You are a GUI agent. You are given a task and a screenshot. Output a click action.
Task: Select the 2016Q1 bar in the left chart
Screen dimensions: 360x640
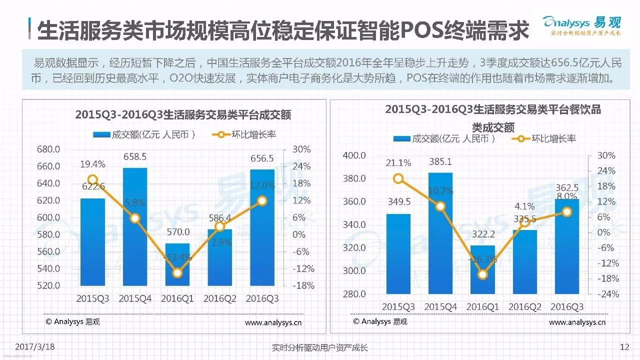click(177, 264)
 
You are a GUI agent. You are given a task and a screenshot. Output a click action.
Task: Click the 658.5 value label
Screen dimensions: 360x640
click(135, 157)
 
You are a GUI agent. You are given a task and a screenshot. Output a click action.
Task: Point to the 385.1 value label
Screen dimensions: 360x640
click(440, 162)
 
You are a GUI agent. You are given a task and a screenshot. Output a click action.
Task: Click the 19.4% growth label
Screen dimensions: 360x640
click(92, 164)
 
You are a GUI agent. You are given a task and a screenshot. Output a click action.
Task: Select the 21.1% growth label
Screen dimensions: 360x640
click(398, 163)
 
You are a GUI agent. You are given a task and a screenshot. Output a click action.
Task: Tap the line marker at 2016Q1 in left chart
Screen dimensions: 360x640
click(177, 273)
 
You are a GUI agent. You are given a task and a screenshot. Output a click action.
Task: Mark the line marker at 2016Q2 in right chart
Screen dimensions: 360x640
click(524, 222)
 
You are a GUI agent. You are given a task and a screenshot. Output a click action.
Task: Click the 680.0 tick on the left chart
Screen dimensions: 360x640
click(48, 149)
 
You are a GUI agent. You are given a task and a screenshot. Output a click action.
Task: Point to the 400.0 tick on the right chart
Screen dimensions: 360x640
click(354, 156)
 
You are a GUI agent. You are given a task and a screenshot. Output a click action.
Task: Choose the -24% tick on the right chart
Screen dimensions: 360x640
click(606, 294)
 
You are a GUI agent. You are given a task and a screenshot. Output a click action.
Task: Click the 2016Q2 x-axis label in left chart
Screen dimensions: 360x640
click(219, 298)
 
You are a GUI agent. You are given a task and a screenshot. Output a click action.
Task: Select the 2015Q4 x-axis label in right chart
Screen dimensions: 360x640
click(440, 307)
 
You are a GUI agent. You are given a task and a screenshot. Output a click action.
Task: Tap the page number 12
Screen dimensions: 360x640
click(624, 347)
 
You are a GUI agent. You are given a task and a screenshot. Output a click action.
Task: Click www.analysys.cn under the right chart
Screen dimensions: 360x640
click(577, 322)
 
